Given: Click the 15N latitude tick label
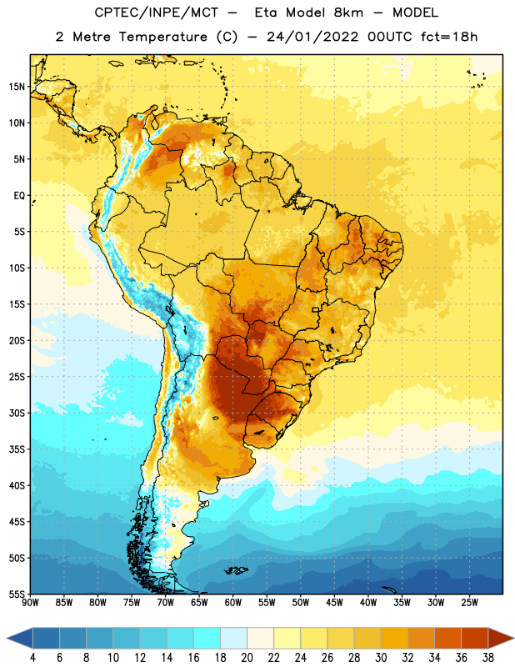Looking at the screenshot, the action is pos(17,87).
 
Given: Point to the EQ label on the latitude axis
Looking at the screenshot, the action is pos(19,196).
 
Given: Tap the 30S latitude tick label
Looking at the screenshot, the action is pos(17,413).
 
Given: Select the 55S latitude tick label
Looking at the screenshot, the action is pos(17,594).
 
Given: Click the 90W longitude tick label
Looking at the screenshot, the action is pos(30,603).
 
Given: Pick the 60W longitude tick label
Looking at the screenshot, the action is pos(233,603).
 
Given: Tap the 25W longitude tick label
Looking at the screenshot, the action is pos(469,603).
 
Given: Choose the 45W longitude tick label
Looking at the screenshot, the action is pos(334,603).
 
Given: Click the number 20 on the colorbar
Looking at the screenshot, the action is pos(247,658).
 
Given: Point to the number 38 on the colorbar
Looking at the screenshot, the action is pos(488,658).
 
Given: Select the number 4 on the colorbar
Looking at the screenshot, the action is pos(32,658).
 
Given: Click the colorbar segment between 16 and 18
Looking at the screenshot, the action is pos(207,638).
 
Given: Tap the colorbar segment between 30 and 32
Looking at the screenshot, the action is pos(395,638).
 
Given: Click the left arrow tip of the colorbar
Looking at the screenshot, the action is pos(7,638).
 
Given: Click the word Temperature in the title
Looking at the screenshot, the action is pos(163,37).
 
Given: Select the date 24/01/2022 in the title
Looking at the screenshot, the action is pos(312,37).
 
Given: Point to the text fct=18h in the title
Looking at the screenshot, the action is pos(449,37).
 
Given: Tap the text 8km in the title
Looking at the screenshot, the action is pos(348,13).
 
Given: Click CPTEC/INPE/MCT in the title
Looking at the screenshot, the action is pos(157,13).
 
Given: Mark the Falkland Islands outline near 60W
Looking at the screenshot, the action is pos(236,570).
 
